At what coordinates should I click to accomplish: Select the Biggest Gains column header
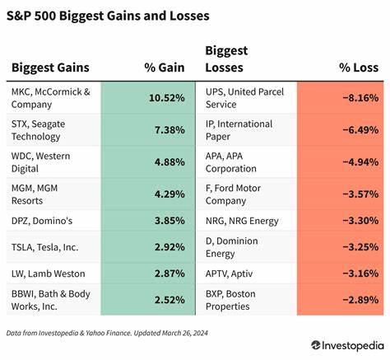coord(50,68)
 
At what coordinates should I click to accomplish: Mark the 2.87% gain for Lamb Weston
coord(169,272)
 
